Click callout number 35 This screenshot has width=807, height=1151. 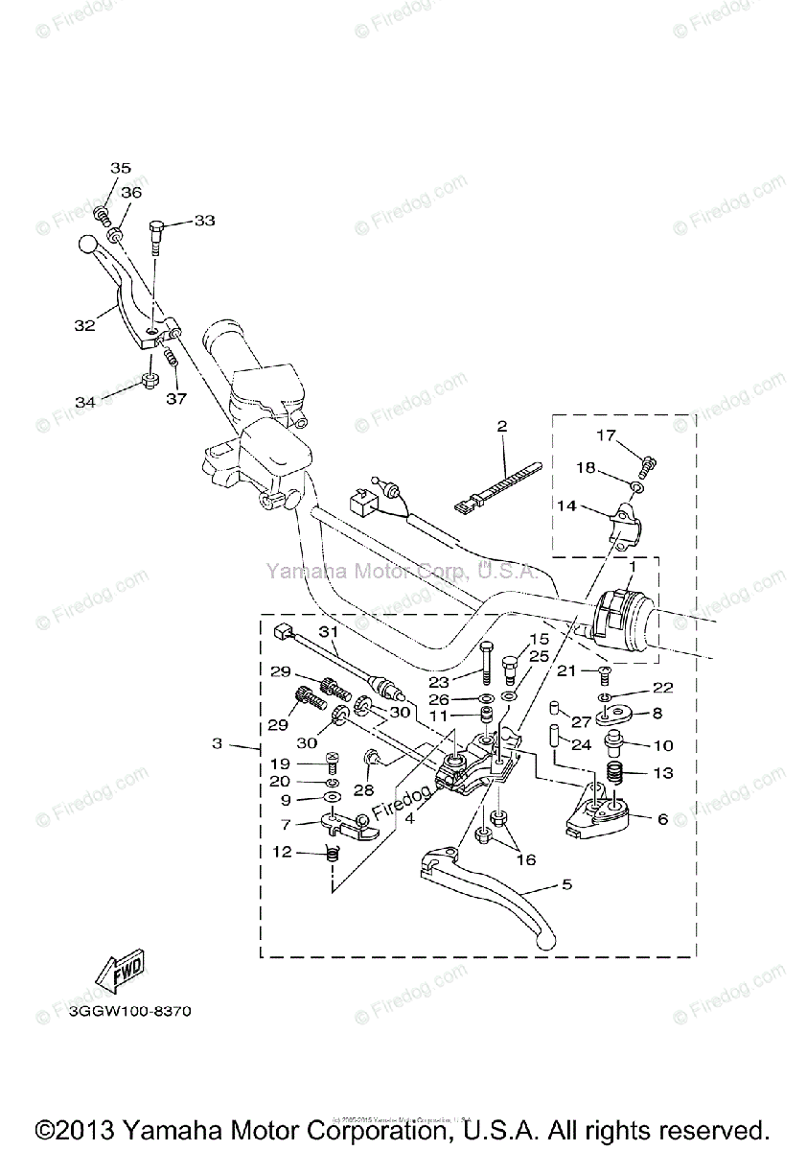pyautogui.click(x=120, y=168)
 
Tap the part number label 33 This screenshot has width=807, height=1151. pyautogui.click(x=204, y=221)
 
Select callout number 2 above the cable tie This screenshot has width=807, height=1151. pyautogui.click(x=500, y=425)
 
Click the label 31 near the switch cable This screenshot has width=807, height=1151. pyautogui.click(x=329, y=633)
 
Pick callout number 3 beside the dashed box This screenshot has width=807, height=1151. pyautogui.click(x=218, y=743)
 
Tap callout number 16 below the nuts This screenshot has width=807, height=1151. pyautogui.click(x=526, y=860)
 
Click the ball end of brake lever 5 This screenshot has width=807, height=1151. pyautogui.click(x=546, y=943)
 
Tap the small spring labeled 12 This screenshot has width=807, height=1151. pyautogui.click(x=332, y=853)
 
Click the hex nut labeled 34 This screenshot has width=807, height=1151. pyautogui.click(x=149, y=381)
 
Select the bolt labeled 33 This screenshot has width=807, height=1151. pyautogui.click(x=157, y=234)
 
